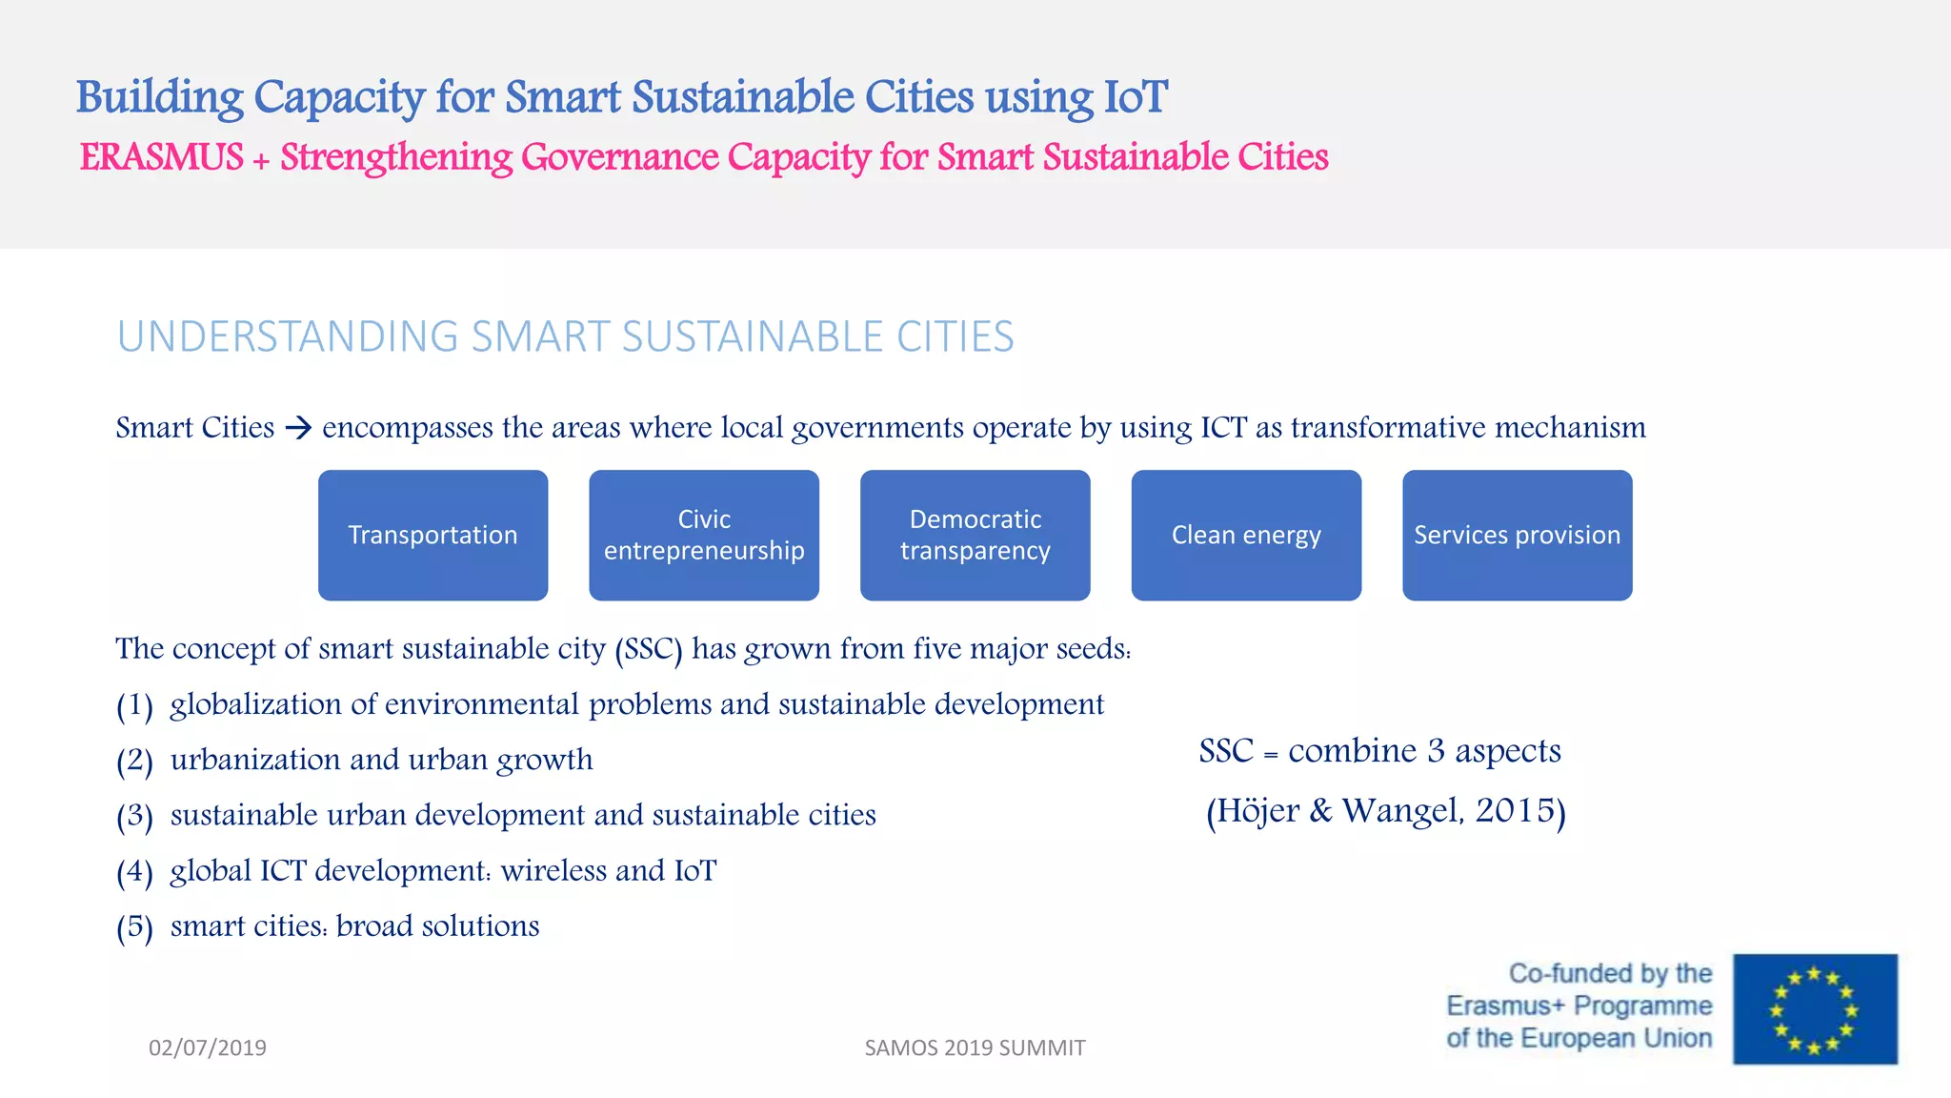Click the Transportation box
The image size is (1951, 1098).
tap(432, 535)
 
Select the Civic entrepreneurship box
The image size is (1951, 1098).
tap(704, 535)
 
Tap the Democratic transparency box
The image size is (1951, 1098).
tap(975, 535)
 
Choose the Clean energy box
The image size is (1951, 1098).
tap(1246, 535)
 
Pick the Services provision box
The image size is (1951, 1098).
tap(1517, 535)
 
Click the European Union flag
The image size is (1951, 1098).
tap(1815, 1008)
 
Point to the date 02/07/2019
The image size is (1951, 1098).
tap(208, 1047)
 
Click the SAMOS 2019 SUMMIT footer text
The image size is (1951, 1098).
tap(975, 1047)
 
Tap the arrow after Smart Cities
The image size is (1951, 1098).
tap(298, 428)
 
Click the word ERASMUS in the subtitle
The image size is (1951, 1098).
tap(162, 157)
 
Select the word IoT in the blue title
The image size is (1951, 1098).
tap(1135, 97)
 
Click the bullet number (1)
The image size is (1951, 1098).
tap(134, 706)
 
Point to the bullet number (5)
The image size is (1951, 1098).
tap(134, 927)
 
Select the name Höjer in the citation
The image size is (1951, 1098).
tap(1257, 811)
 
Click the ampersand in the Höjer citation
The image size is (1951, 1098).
tap(1320, 811)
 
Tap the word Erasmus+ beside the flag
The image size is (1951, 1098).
tap(1505, 1006)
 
